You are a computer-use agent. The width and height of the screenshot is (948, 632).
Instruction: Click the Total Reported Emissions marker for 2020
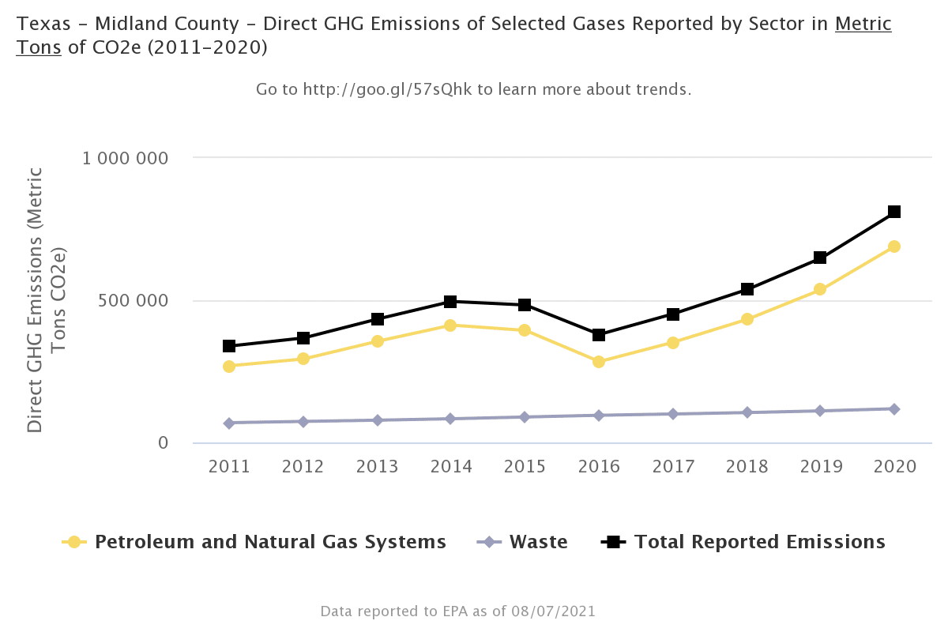(x=894, y=212)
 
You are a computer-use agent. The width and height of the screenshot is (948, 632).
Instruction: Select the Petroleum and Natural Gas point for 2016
(x=599, y=362)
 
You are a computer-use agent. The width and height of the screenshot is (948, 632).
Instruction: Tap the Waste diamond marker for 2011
(x=229, y=423)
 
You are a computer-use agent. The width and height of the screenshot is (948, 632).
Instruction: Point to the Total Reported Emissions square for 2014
(x=450, y=302)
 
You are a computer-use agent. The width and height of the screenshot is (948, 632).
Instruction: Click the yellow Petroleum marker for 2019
(x=820, y=289)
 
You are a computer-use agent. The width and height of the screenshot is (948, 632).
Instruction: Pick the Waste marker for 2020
(x=894, y=409)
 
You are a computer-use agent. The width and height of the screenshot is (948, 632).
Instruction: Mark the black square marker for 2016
(x=599, y=335)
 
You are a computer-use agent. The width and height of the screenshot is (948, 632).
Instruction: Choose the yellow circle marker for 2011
(x=229, y=367)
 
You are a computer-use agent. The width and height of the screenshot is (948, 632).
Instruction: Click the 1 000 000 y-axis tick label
(x=126, y=158)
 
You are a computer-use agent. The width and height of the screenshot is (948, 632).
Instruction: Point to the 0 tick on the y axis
(x=164, y=443)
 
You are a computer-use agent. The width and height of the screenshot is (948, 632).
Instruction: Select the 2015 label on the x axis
(x=525, y=466)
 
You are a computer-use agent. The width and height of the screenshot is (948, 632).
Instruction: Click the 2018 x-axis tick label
(x=747, y=466)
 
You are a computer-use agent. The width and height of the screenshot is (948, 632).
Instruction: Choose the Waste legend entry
(x=538, y=542)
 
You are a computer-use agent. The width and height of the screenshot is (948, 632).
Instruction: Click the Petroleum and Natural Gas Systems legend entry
(x=270, y=542)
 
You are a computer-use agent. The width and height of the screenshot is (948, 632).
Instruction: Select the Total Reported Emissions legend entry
(x=759, y=542)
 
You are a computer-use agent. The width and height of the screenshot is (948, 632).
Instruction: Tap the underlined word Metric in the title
(x=863, y=24)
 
